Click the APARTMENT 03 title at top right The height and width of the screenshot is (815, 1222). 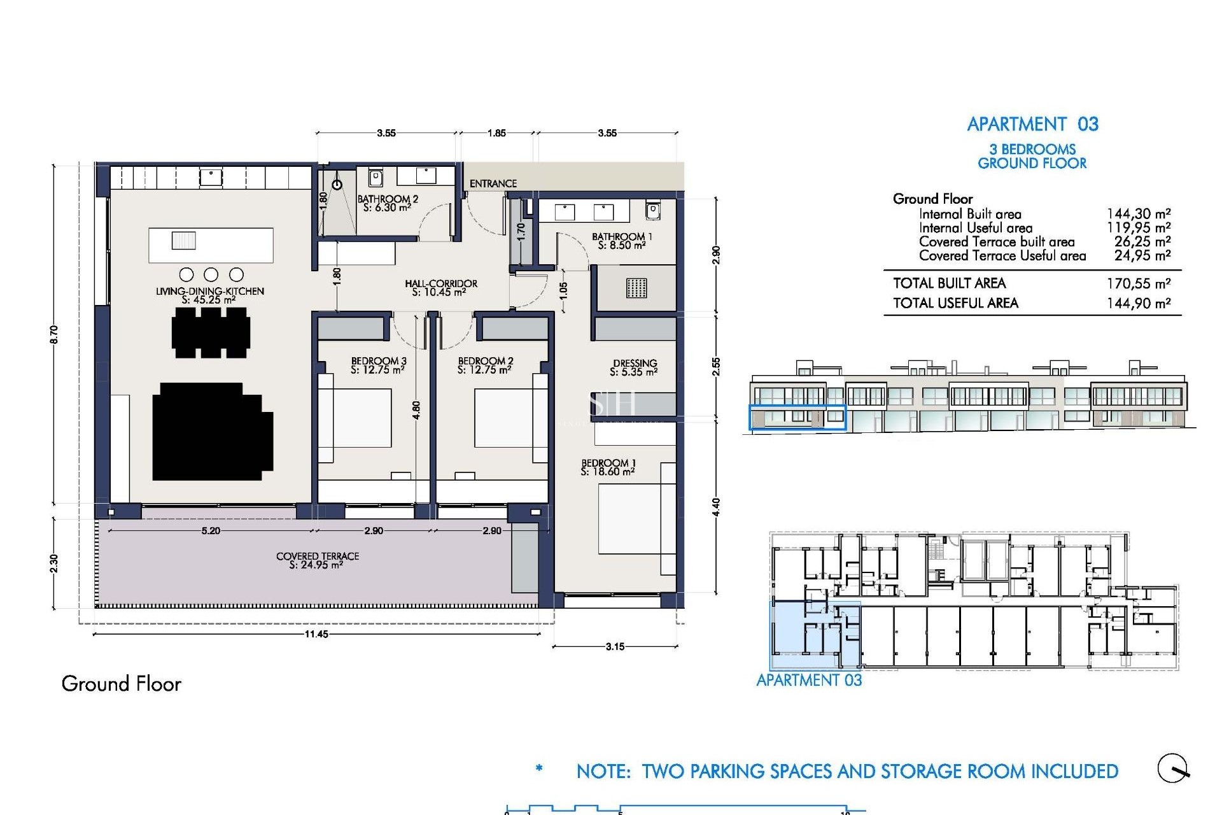1032,124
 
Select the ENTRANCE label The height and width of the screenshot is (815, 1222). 493,184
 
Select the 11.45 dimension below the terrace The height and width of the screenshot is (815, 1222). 316,634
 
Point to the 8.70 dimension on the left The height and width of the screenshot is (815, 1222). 54,334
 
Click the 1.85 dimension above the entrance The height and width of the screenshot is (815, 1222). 496,133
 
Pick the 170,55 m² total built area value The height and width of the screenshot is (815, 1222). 1138,283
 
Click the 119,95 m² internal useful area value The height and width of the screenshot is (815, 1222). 1138,228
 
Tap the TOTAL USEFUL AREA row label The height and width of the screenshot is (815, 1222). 955,303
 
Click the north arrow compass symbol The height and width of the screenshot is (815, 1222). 1173,768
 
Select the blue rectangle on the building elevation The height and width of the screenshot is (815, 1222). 797,418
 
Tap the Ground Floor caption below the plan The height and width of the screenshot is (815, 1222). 121,684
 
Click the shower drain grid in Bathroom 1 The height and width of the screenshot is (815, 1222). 636,288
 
